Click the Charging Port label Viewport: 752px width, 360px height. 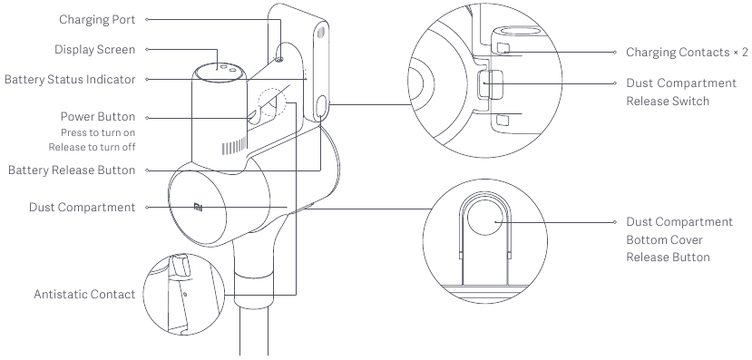point(97,20)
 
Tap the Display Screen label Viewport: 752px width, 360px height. point(94,49)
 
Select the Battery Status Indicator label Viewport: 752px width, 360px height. point(70,79)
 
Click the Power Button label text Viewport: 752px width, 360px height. point(98,116)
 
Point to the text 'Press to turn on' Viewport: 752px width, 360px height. point(98,132)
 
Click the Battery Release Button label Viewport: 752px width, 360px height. point(72,170)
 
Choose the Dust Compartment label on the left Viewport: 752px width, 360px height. point(82,207)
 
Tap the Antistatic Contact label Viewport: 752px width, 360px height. point(84,294)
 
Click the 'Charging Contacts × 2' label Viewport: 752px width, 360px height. point(687,53)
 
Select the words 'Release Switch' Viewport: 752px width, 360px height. point(667,102)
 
